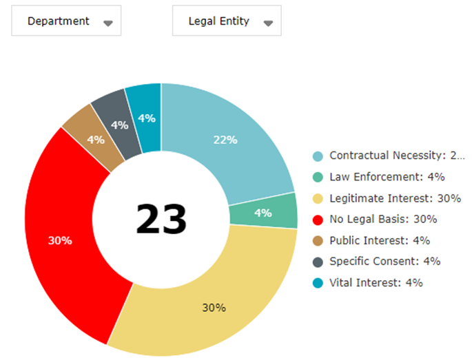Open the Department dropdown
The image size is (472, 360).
click(x=66, y=21)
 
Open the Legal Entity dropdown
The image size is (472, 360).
click(x=227, y=21)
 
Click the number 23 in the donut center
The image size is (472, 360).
click(x=161, y=220)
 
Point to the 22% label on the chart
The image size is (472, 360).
click(x=225, y=140)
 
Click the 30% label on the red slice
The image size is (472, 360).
click(x=60, y=241)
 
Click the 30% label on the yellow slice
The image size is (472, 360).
click(x=214, y=308)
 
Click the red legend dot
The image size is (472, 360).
click(x=317, y=220)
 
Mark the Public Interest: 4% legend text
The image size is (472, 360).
click(x=380, y=240)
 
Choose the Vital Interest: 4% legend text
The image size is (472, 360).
click(x=376, y=282)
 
